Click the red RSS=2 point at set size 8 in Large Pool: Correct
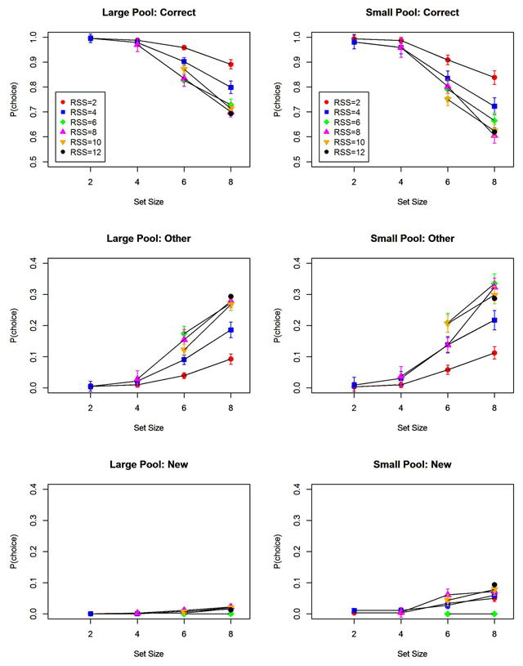coord(230,65)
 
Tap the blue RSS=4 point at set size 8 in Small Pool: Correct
coord(494,107)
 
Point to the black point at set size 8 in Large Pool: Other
coord(230,297)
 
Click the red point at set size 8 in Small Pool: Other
coord(494,353)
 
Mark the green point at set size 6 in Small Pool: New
coord(448,614)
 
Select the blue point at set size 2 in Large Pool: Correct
coord(91,38)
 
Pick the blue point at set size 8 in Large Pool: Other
coord(230,331)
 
